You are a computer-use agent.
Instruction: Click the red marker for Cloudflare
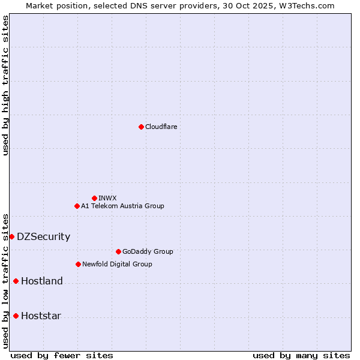(141, 127)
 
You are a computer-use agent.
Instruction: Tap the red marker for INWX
(94, 198)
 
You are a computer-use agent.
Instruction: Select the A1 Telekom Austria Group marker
(77, 206)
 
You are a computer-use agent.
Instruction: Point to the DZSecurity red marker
(11, 236)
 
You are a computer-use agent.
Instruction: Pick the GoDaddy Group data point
(118, 251)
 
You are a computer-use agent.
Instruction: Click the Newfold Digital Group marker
(78, 264)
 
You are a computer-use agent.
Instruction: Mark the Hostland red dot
(16, 281)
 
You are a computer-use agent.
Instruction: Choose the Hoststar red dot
(16, 316)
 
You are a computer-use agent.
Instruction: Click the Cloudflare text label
(161, 127)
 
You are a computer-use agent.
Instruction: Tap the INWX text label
(107, 198)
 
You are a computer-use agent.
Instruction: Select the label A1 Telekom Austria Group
(122, 206)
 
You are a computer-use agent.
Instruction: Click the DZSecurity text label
(43, 236)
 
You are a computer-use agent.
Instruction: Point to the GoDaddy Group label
(147, 251)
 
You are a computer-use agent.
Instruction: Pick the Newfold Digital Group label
(117, 264)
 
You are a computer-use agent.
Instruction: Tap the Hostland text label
(41, 281)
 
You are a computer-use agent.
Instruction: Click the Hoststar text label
(41, 316)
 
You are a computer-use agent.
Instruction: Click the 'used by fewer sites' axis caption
(62, 355)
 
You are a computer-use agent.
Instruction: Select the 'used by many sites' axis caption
(301, 355)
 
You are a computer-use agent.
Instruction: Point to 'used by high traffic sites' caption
(5, 85)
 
